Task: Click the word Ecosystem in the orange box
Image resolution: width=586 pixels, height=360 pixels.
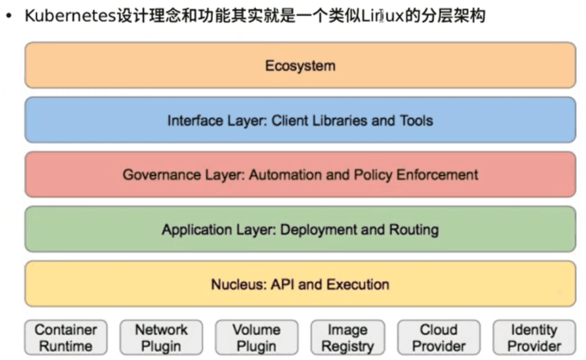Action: point(300,66)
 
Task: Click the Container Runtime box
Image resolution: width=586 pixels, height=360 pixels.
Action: point(65,337)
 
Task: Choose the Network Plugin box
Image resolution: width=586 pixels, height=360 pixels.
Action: point(161,337)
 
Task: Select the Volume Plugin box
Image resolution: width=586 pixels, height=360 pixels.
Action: point(257,337)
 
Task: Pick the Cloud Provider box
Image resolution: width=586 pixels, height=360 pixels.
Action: point(439,337)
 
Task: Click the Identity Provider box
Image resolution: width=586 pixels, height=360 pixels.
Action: point(534,337)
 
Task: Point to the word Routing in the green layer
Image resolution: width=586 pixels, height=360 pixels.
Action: point(414,230)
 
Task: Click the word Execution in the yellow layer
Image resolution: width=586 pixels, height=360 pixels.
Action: point(357,284)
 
